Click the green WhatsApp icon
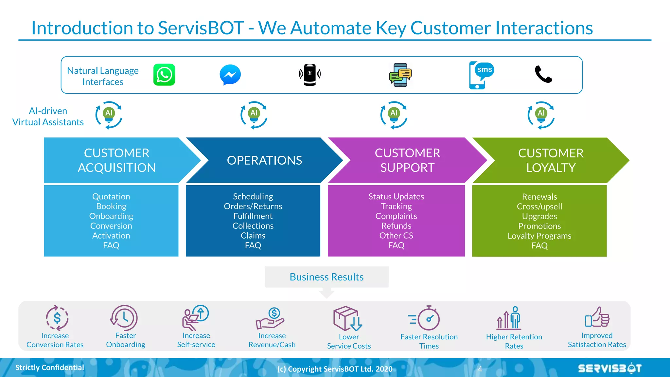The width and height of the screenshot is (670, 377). pyautogui.click(x=164, y=75)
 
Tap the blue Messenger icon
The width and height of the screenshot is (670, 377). pyautogui.click(x=230, y=75)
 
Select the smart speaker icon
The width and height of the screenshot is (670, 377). pyautogui.click(x=309, y=75)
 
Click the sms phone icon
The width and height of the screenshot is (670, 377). pyautogui.click(x=480, y=75)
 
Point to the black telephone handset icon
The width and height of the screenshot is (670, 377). pyautogui.click(x=543, y=74)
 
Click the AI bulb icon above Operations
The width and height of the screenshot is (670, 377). pyautogui.click(x=254, y=115)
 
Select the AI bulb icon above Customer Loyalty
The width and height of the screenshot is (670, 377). pyautogui.click(x=541, y=115)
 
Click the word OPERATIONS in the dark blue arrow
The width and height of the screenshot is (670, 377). pyautogui.click(x=264, y=160)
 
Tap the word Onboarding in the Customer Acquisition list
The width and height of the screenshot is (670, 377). pyautogui.click(x=111, y=216)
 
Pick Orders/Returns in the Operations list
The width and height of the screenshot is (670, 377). pyautogui.click(x=253, y=206)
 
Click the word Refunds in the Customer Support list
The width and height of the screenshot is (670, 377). pyautogui.click(x=396, y=226)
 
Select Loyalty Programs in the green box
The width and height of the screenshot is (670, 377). pyautogui.click(x=539, y=236)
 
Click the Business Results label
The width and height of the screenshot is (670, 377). pyautogui.click(x=326, y=277)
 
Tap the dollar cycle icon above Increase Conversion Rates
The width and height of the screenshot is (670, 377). pyautogui.click(x=57, y=318)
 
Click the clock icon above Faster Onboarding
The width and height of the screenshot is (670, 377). pyautogui.click(x=124, y=318)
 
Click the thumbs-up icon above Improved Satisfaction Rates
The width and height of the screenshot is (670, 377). pyautogui.click(x=597, y=317)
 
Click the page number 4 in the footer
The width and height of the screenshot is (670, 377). pyautogui.click(x=480, y=369)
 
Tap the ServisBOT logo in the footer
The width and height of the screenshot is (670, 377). pyautogui.click(x=609, y=368)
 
